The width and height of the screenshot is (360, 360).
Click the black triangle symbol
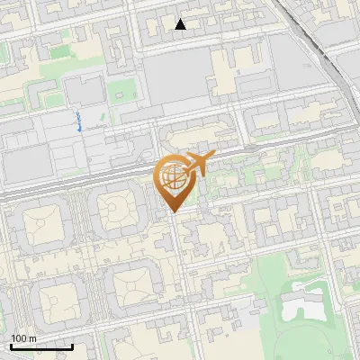(181, 24)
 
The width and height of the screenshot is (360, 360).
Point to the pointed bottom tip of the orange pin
(172, 211)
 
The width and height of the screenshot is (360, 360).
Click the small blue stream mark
(80, 122)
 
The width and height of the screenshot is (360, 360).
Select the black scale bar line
(41, 346)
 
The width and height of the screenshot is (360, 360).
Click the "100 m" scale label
(24, 337)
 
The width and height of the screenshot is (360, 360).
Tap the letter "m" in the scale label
(32, 337)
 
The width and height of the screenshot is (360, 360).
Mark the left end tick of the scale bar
(11, 346)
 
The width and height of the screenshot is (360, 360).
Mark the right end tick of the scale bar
(72, 346)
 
